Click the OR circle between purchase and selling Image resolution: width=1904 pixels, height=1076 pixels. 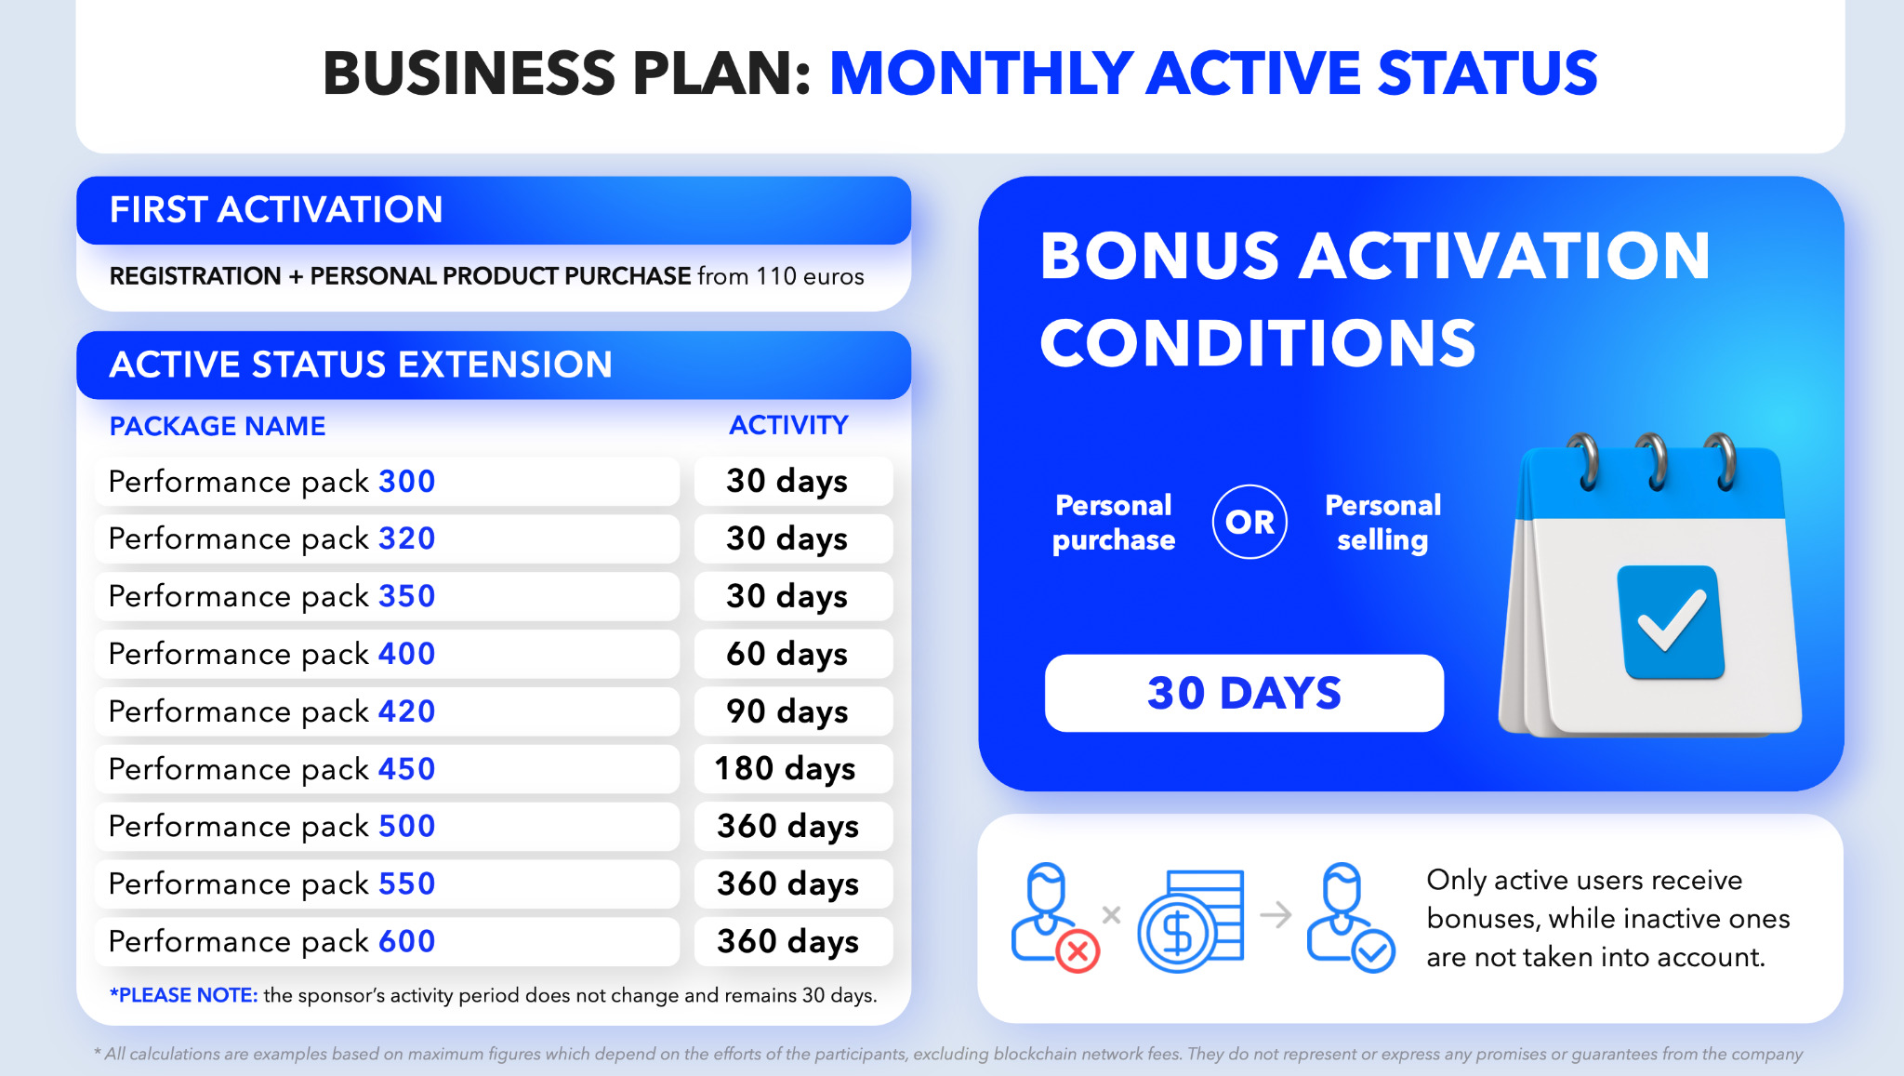point(1249,522)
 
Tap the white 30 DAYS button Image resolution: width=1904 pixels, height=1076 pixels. point(1244,693)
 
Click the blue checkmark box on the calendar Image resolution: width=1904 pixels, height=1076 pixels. point(1671,622)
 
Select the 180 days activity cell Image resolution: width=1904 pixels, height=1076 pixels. point(793,768)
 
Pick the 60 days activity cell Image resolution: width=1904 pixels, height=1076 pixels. point(793,654)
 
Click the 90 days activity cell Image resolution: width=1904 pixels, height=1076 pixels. point(793,711)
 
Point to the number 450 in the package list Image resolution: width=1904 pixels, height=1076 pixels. point(407,769)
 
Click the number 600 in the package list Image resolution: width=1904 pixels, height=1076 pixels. point(407,941)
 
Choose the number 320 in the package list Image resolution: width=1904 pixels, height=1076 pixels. point(407,538)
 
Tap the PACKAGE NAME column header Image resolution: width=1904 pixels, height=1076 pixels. point(218,426)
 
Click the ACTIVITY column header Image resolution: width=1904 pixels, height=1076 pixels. point(788,425)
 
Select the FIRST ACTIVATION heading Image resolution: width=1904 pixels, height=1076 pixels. point(276,209)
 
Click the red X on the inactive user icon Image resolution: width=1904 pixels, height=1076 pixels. point(1078,951)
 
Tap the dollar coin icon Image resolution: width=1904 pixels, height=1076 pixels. point(1178,933)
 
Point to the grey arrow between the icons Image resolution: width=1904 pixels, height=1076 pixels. point(1276,915)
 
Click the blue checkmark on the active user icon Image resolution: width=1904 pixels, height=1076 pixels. point(1374,951)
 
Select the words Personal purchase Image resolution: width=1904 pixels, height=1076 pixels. point(1114,523)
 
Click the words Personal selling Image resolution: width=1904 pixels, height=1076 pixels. point(1382,523)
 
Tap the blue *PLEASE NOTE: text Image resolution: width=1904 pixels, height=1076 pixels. point(183,995)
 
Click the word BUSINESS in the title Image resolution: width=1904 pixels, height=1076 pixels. point(469,73)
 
